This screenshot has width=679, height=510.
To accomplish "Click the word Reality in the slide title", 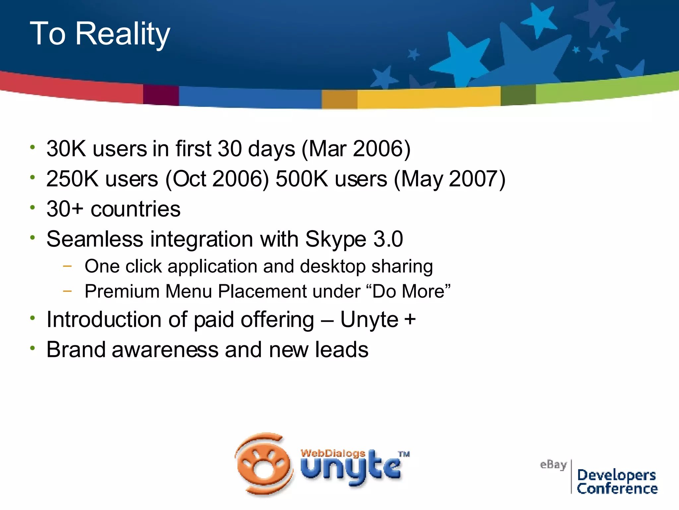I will click(x=122, y=34).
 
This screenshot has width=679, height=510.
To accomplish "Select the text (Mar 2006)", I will click(x=356, y=148).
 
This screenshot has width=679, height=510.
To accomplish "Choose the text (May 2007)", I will click(x=449, y=179).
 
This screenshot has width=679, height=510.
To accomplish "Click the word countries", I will click(x=135, y=209).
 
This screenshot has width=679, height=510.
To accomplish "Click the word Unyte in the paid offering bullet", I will click(x=369, y=320).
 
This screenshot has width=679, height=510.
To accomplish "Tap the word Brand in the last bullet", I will click(x=76, y=350).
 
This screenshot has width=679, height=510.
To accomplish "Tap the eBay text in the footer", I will click(x=553, y=465).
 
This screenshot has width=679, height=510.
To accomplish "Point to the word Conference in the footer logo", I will click(x=617, y=489).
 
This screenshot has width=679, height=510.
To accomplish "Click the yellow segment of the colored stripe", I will click(x=428, y=98).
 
